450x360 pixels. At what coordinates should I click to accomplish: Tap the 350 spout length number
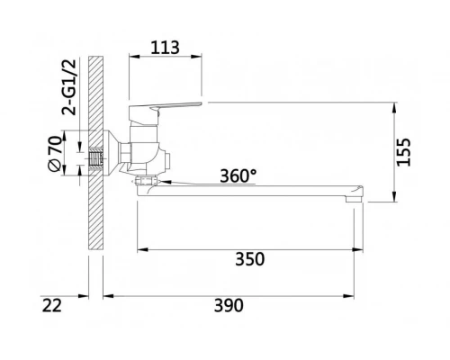[249, 259]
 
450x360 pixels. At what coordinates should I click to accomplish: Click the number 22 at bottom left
[52, 307]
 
